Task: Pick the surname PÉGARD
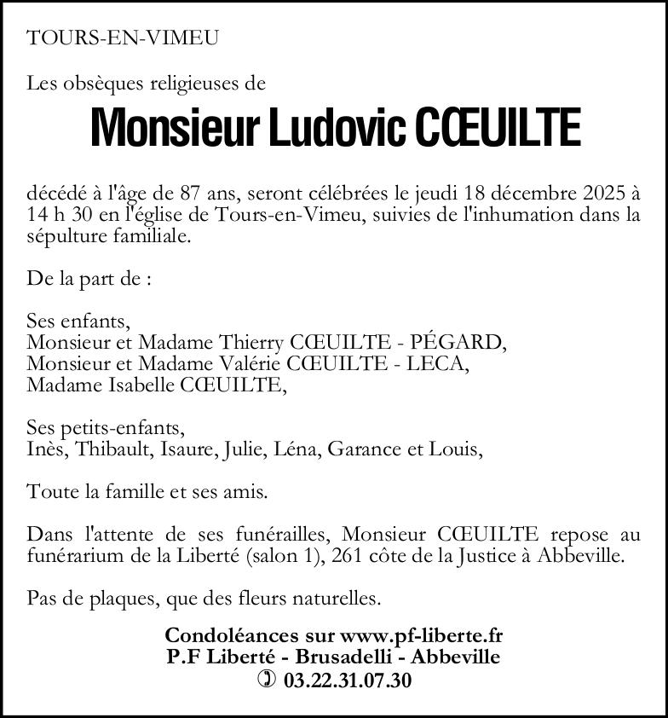[457, 343]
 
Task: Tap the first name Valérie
[252, 364]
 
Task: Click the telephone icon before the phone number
[267, 680]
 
